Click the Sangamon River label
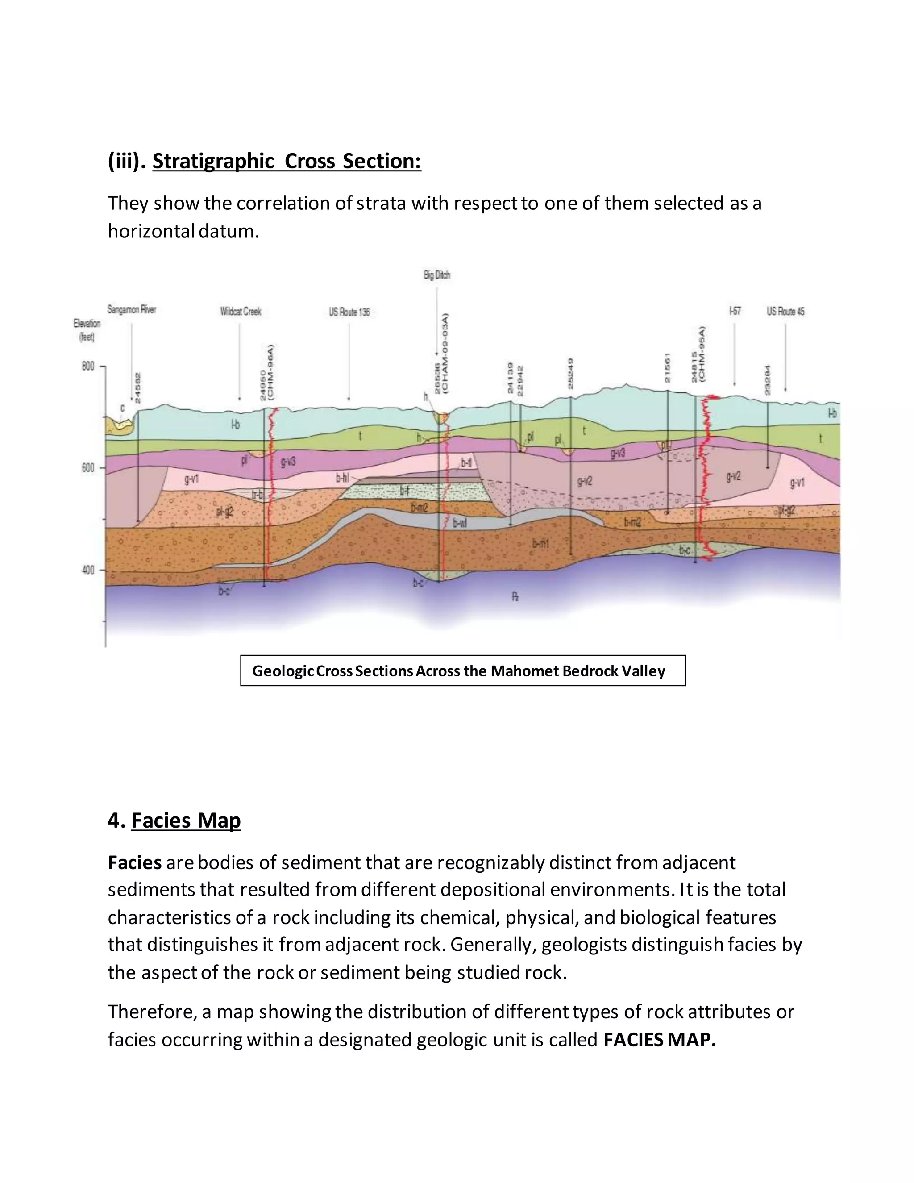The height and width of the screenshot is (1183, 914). (x=132, y=310)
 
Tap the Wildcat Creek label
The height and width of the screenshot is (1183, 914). (x=241, y=312)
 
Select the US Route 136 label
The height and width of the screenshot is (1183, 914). (x=349, y=312)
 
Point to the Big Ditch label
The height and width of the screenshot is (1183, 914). (x=436, y=275)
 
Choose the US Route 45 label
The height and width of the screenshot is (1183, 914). (x=785, y=312)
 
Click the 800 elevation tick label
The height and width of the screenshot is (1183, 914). (x=88, y=367)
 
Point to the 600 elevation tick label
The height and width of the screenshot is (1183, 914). (x=88, y=468)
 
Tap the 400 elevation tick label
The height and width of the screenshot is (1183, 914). (x=88, y=570)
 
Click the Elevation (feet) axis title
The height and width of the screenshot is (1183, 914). (x=87, y=330)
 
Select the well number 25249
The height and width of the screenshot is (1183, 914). (x=571, y=374)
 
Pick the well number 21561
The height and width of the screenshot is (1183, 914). (x=668, y=368)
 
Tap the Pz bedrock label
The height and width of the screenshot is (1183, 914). (x=515, y=597)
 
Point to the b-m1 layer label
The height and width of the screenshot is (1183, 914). (x=540, y=543)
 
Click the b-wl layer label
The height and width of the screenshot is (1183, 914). (x=460, y=523)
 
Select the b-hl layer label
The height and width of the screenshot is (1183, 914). (x=342, y=478)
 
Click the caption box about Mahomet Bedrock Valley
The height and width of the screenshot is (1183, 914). (x=462, y=671)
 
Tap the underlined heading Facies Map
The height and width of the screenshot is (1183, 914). (x=186, y=820)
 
